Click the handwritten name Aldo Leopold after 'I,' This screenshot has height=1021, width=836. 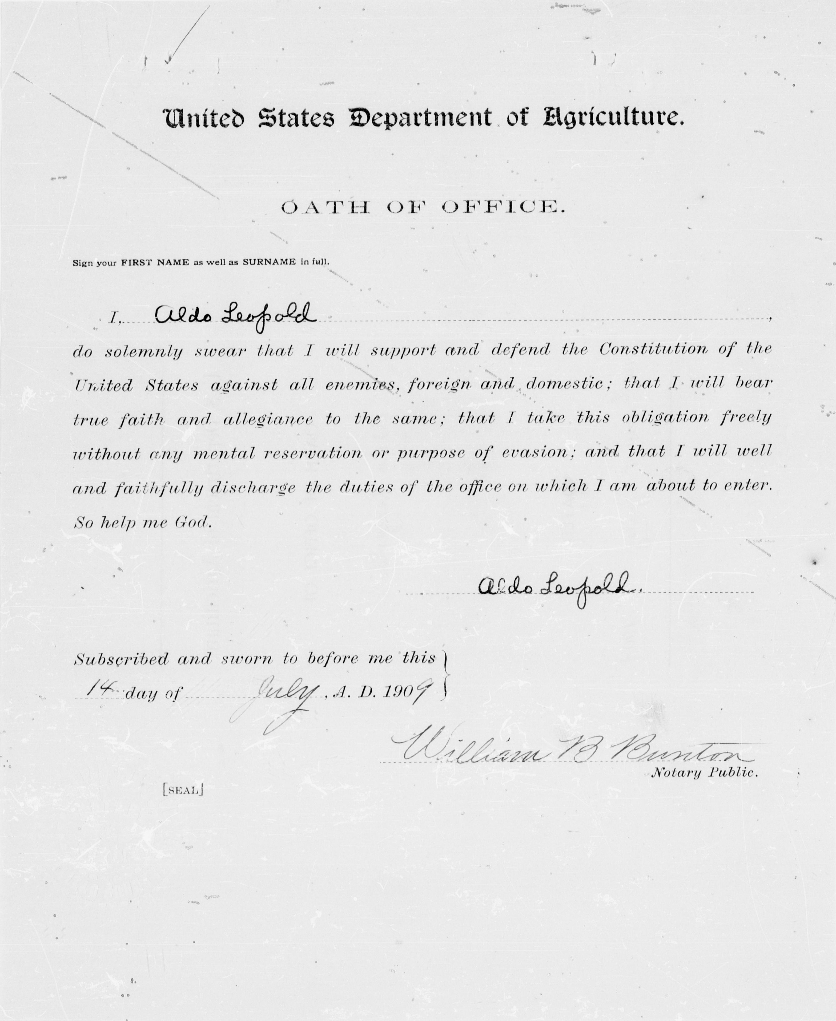pyautogui.click(x=235, y=316)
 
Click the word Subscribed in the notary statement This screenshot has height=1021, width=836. pyautogui.click(x=121, y=659)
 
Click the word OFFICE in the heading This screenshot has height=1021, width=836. pyautogui.click(x=501, y=208)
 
